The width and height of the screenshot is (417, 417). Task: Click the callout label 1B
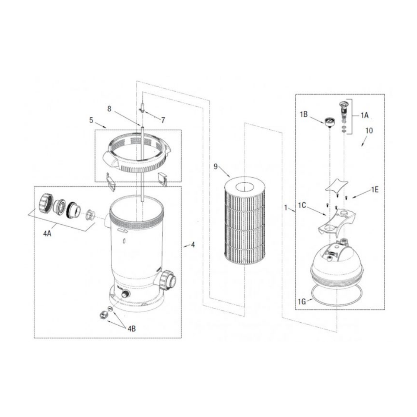point(304,114)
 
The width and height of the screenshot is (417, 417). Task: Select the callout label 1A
point(364,115)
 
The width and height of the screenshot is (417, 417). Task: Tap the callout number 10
point(369,131)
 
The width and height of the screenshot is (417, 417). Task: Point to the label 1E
point(375,190)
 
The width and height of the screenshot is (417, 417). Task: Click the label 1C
point(302,205)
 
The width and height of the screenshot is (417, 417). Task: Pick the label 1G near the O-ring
point(302,301)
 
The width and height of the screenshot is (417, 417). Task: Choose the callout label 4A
point(47,234)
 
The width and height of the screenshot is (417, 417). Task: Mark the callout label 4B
point(131,329)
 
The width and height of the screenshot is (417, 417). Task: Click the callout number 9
point(216,166)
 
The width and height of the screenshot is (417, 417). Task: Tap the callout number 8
point(109,108)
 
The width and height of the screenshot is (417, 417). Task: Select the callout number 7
point(163,120)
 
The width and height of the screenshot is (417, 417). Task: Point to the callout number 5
point(91,120)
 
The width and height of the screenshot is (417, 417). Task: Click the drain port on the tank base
point(125,294)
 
